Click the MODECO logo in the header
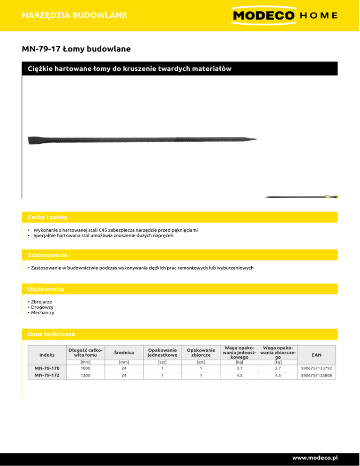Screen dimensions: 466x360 click(263, 15)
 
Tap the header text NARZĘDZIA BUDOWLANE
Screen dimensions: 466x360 click(75, 15)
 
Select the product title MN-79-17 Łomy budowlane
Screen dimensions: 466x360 click(76, 49)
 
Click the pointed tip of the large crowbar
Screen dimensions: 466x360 click(255, 139)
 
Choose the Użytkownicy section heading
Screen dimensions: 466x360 click(46, 289)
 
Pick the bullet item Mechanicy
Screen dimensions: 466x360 click(43, 312)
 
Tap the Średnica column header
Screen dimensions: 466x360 click(124, 352)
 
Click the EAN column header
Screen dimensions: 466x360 click(316, 352)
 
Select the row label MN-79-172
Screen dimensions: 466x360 click(47, 376)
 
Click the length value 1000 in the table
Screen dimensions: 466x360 click(85, 368)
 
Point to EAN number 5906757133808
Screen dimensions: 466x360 click(316, 376)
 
